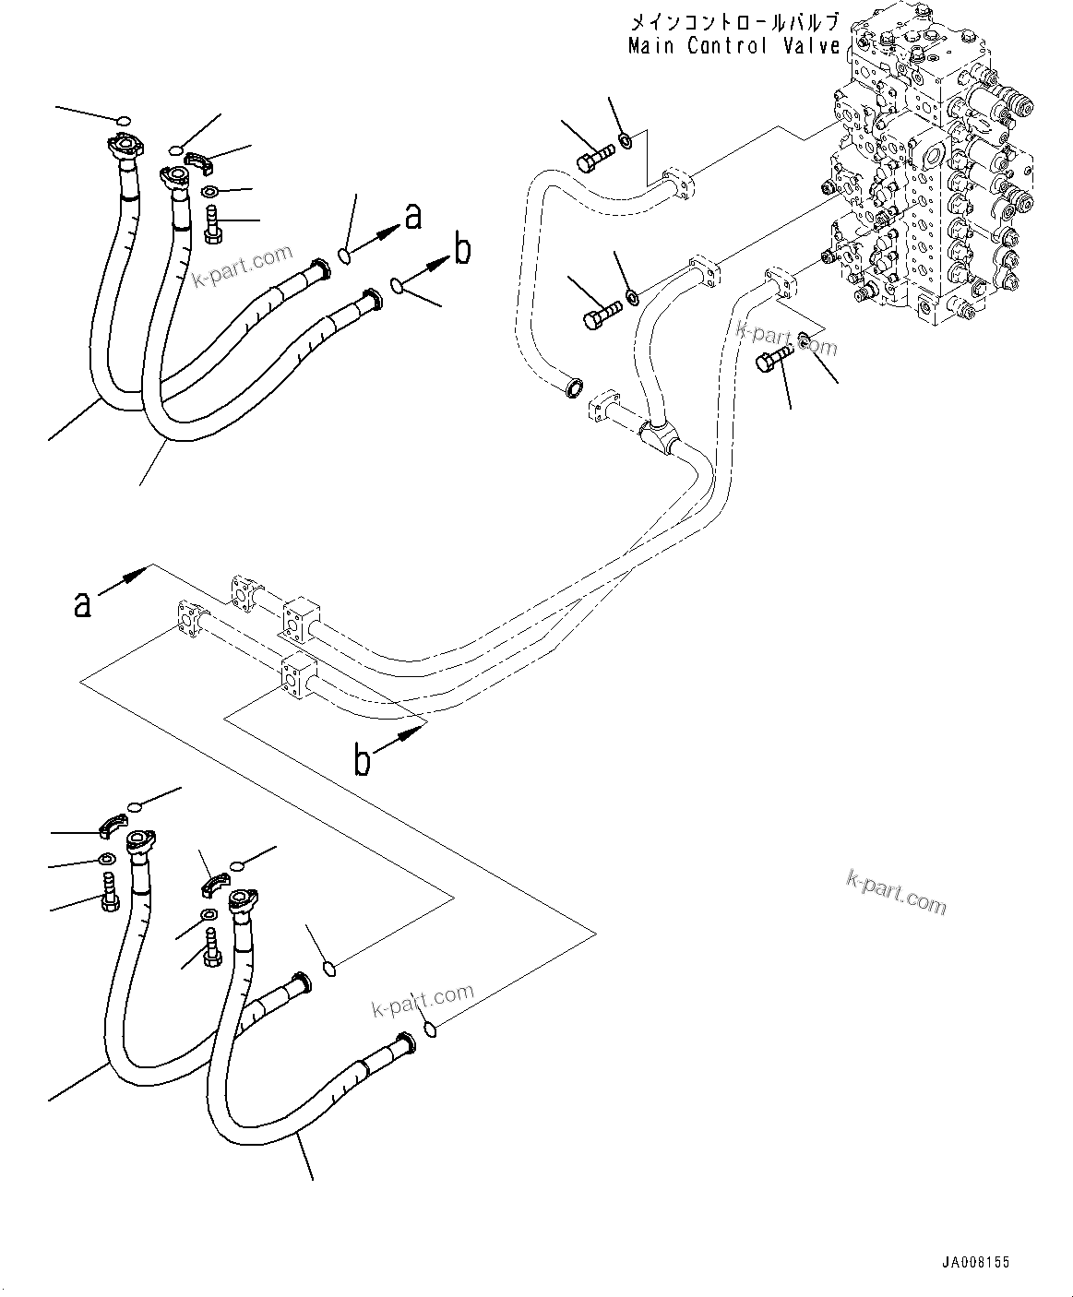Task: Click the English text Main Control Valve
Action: point(733,45)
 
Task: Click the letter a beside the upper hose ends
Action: point(413,216)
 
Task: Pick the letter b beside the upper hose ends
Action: point(462,249)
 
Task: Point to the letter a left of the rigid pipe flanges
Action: point(83,604)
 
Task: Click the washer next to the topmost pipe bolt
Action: point(625,140)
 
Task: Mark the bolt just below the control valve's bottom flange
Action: point(771,360)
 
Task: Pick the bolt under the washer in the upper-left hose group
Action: point(210,224)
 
